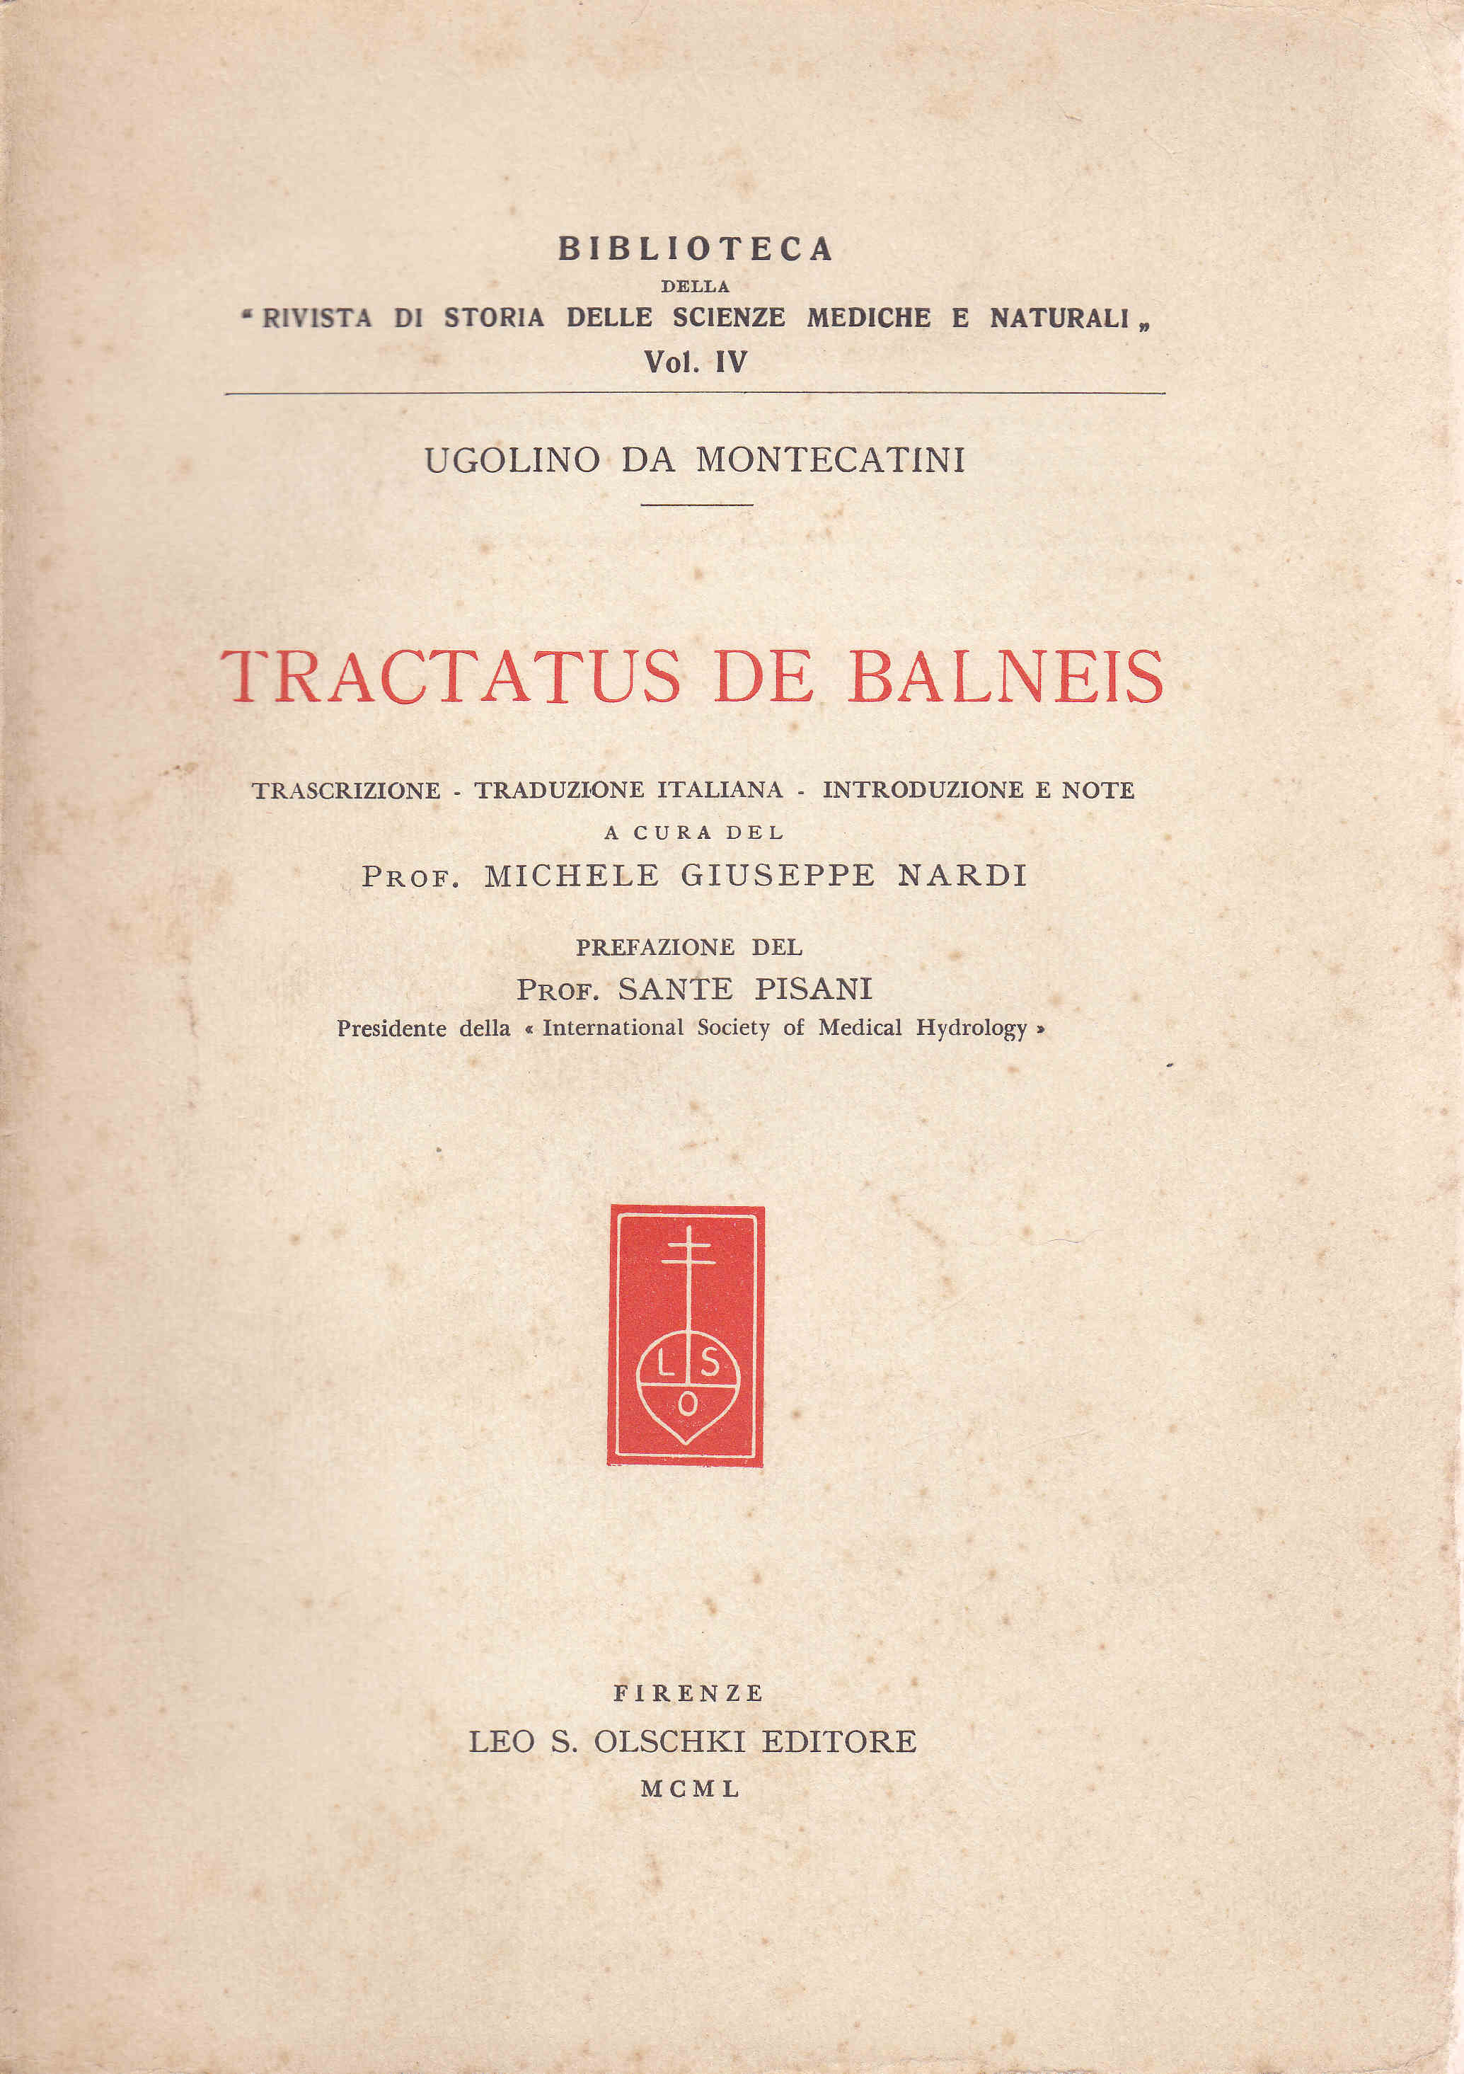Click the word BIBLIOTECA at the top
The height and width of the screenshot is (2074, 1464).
695,248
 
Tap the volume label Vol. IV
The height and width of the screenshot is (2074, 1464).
695,362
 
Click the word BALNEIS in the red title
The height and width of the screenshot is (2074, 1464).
1005,677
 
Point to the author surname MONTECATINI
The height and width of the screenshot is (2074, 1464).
830,460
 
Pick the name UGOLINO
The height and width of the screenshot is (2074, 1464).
512,461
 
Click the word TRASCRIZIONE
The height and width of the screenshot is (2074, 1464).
346,791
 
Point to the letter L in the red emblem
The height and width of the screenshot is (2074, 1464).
664,1366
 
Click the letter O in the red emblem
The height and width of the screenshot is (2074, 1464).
687,1404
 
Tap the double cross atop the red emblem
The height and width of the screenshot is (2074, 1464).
688,1249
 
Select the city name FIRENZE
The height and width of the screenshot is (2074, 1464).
688,1692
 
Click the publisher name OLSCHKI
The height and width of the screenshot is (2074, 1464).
669,1741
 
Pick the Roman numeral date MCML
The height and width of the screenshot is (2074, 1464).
690,1789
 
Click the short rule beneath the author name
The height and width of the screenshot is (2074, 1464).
696,504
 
